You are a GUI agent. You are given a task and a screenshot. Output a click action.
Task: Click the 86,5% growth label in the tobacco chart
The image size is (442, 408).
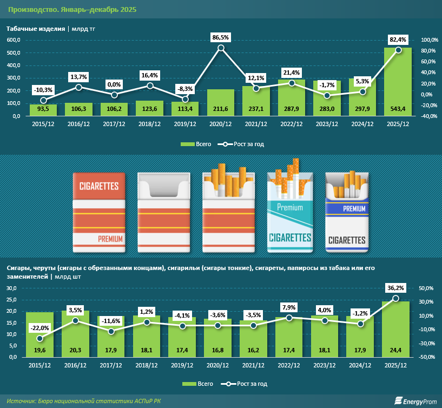221,37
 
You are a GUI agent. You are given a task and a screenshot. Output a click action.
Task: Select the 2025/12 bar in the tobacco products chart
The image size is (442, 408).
398,81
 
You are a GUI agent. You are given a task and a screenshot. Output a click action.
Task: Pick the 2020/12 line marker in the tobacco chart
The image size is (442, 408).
221,48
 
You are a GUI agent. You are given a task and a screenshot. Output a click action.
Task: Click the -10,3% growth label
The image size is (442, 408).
43,89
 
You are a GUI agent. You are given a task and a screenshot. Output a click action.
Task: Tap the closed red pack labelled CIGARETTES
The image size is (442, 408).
99,213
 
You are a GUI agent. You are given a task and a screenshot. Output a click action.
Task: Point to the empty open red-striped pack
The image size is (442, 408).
164,213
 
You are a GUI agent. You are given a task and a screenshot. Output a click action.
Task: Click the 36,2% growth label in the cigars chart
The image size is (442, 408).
398,287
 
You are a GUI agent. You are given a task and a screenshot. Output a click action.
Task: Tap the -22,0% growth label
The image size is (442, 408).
40,327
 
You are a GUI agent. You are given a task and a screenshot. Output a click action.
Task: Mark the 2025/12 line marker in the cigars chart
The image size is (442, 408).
398,298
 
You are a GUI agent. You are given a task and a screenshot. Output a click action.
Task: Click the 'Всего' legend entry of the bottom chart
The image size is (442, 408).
196,384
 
